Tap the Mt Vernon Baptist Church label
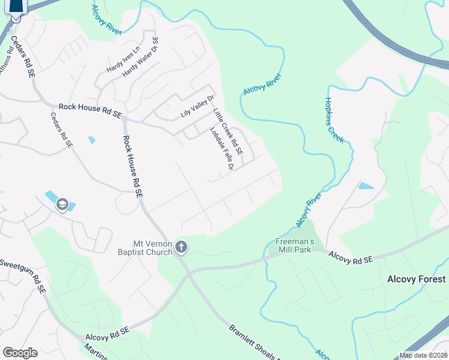tap(152, 248)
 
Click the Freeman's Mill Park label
tap(293, 245)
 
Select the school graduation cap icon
tap(61, 205)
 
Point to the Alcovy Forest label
tap(416, 279)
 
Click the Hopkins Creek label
tap(334, 120)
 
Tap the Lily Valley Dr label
tap(197, 107)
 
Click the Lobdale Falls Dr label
tap(221, 148)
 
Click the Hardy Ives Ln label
tap(123, 61)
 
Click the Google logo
tap(19, 353)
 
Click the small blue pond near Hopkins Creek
tap(365, 186)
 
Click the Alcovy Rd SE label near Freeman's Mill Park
tap(351, 257)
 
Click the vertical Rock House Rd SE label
tap(133, 167)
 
